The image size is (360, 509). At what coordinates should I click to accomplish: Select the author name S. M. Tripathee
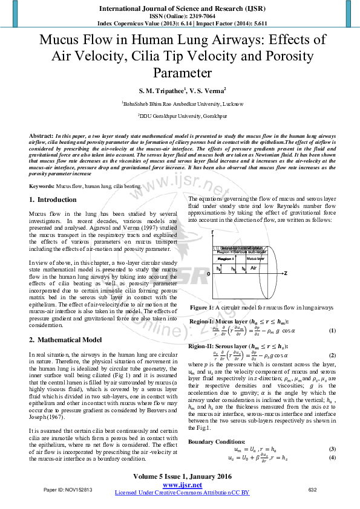[145, 90]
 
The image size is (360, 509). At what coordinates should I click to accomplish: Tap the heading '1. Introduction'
[53, 199]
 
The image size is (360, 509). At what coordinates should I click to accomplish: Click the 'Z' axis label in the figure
[285, 274]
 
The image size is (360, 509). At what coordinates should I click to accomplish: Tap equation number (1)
[332, 331]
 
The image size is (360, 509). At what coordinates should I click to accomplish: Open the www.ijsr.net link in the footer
[182, 485]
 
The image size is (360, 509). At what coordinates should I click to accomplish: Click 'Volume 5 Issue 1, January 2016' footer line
[182, 477]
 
